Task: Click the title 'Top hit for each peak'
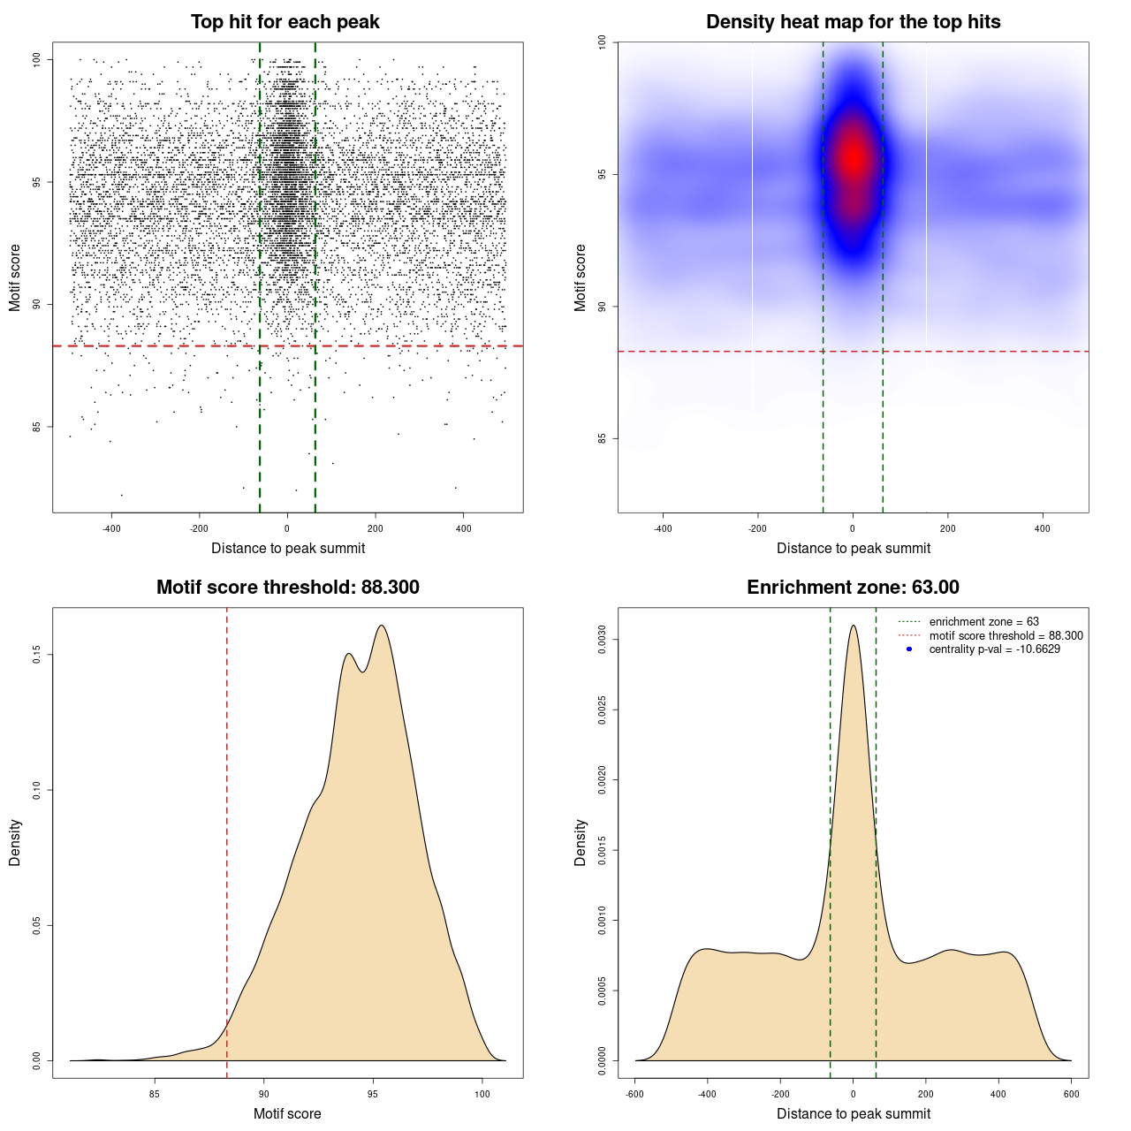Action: click(x=285, y=22)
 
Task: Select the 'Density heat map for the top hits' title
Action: click(x=853, y=22)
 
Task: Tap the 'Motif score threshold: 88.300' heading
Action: click(x=287, y=588)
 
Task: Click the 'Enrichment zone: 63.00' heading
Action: click(x=853, y=588)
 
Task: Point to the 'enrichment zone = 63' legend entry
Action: click(x=983, y=622)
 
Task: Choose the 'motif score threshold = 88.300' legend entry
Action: click(x=1006, y=635)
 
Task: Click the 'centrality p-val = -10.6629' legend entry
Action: click(x=994, y=649)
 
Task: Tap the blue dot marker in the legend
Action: click(x=909, y=649)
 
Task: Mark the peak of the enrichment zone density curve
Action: click(x=853, y=626)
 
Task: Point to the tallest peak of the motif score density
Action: click(x=382, y=626)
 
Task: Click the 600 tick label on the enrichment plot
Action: click(x=1071, y=1094)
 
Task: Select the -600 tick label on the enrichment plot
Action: click(x=634, y=1094)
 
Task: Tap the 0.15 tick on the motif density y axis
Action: click(x=37, y=654)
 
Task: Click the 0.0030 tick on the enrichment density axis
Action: click(x=602, y=639)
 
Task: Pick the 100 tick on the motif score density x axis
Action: click(x=482, y=1094)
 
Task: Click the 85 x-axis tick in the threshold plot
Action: click(x=155, y=1094)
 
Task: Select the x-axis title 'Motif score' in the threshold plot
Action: click(x=287, y=1113)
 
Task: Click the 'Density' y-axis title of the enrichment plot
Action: click(x=581, y=842)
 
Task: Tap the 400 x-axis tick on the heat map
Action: click(x=1043, y=528)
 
